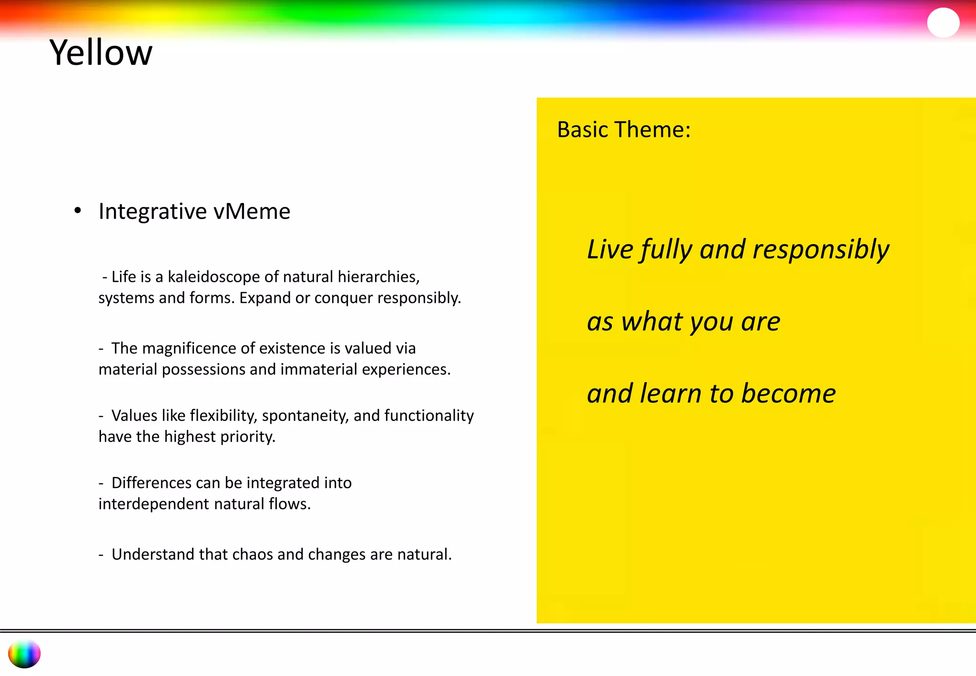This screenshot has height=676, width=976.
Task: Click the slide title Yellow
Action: (x=101, y=52)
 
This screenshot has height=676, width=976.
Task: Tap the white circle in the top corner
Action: (x=943, y=22)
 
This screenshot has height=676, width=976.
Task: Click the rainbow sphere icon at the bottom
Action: (x=24, y=654)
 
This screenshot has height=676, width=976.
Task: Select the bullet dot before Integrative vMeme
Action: (x=78, y=210)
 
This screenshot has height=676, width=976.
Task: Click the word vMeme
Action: (x=252, y=211)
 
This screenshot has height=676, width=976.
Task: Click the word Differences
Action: (x=151, y=483)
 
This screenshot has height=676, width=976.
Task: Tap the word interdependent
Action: (x=153, y=504)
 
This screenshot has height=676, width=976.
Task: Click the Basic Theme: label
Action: (x=623, y=130)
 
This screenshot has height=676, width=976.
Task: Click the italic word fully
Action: (x=666, y=250)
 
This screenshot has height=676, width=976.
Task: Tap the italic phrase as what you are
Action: (x=683, y=322)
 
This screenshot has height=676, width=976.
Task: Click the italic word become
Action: (x=788, y=394)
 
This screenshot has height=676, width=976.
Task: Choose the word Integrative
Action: (x=152, y=211)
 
